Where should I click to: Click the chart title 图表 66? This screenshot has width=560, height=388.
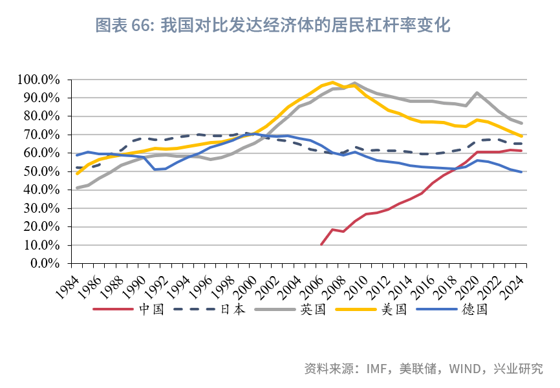pos(272,26)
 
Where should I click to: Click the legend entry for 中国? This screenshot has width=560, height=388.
pos(151,309)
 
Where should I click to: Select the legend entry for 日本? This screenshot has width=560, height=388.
pos(233,309)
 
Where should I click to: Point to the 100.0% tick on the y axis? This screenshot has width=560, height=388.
pos(39,80)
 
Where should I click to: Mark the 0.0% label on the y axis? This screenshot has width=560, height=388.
pos(45,264)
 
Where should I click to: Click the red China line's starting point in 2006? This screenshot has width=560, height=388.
pos(321,244)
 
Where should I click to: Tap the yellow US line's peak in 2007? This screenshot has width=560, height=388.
pos(332,82)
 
